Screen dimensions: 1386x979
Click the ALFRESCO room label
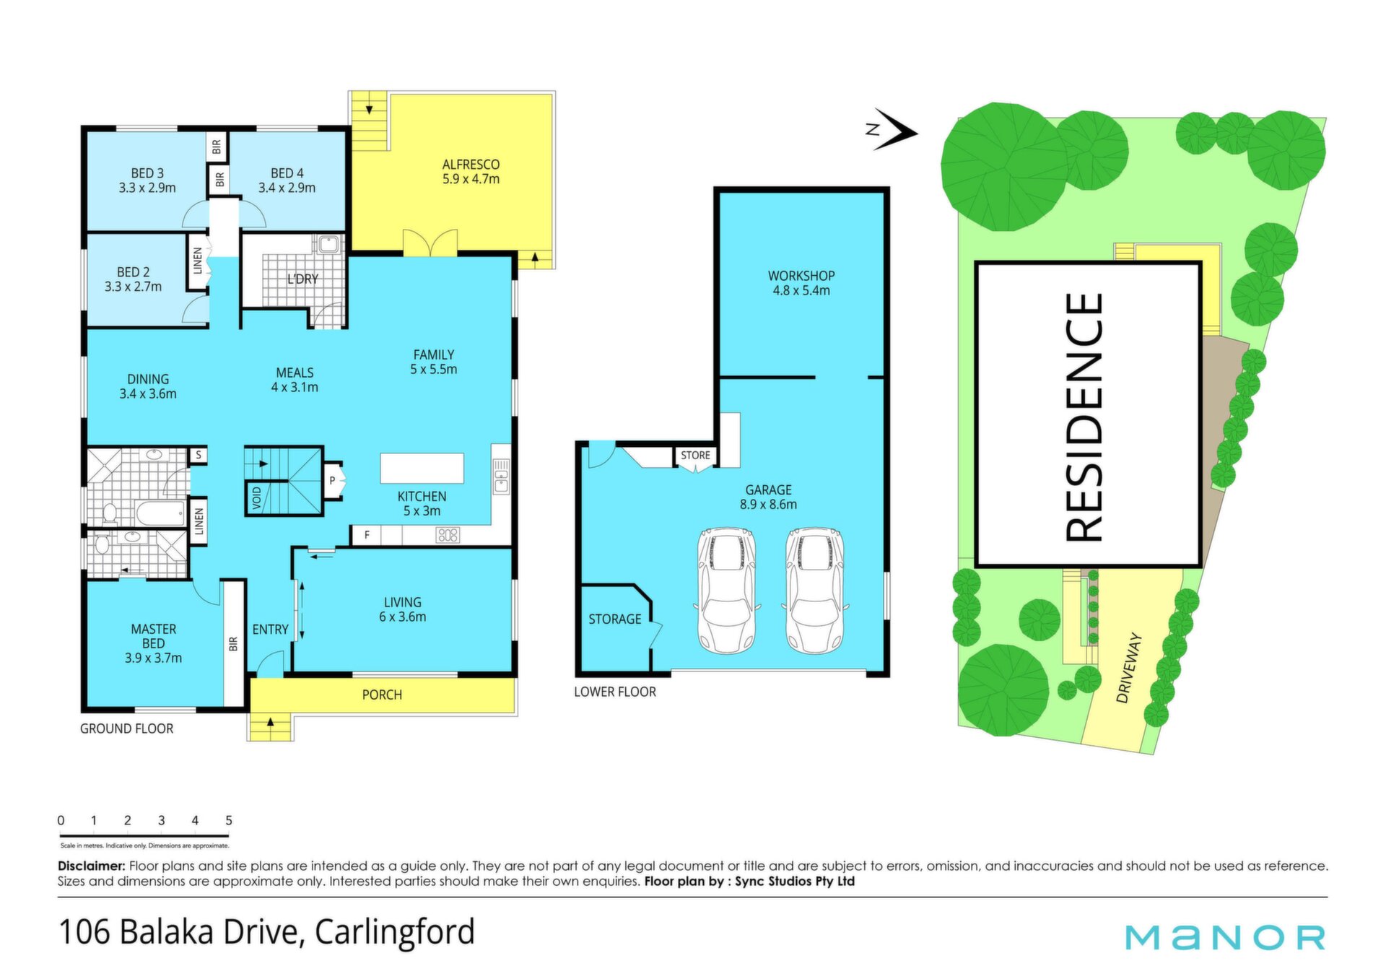(x=471, y=165)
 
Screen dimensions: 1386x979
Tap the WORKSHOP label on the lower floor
(x=801, y=276)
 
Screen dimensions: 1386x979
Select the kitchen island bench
(x=422, y=468)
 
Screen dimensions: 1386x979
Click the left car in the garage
(x=726, y=591)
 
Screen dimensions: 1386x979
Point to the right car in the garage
(x=814, y=591)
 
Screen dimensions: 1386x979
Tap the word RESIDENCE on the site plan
(x=1084, y=417)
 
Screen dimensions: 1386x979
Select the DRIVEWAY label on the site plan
(x=1130, y=667)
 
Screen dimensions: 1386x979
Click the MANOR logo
(x=1225, y=937)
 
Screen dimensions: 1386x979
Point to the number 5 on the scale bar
(x=229, y=820)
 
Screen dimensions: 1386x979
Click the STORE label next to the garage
(x=695, y=455)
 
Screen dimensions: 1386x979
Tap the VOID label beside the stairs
(x=257, y=497)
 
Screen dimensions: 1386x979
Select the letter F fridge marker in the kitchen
(x=367, y=535)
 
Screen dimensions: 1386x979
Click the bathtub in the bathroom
(x=162, y=514)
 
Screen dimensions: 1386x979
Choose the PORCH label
(x=382, y=695)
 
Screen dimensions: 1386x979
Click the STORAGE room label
(x=614, y=619)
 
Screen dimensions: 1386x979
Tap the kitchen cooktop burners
(x=448, y=535)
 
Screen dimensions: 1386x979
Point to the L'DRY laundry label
(x=302, y=279)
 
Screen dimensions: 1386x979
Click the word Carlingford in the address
(x=395, y=933)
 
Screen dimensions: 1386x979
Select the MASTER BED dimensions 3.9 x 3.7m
(x=153, y=658)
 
